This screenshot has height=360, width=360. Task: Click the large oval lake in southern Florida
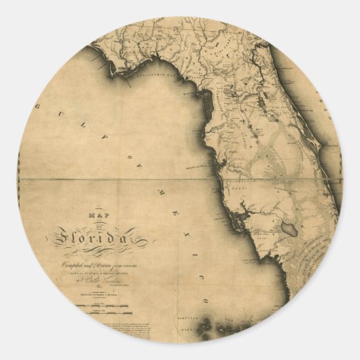pos(291,229)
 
